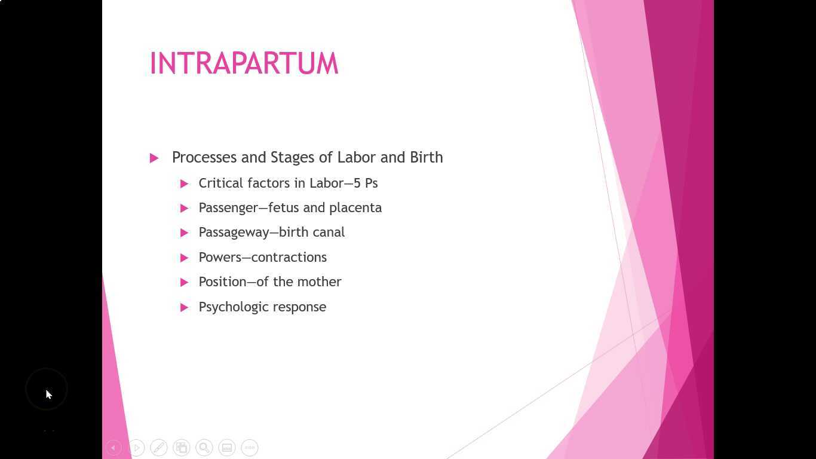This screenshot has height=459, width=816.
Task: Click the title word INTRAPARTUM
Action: (244, 63)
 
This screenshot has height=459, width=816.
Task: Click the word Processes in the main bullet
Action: (204, 157)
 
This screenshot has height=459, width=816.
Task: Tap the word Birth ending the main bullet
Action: (426, 157)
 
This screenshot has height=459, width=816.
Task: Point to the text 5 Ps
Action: (366, 183)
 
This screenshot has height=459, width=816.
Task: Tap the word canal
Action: (329, 232)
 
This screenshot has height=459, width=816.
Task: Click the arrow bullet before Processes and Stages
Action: (154, 158)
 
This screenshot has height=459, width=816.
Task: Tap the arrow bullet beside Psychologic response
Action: (185, 307)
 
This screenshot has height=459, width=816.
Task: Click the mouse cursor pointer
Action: (48, 394)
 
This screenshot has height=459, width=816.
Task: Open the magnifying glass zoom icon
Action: (204, 448)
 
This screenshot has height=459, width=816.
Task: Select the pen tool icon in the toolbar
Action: (159, 448)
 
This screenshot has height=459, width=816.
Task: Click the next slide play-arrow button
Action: (136, 448)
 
